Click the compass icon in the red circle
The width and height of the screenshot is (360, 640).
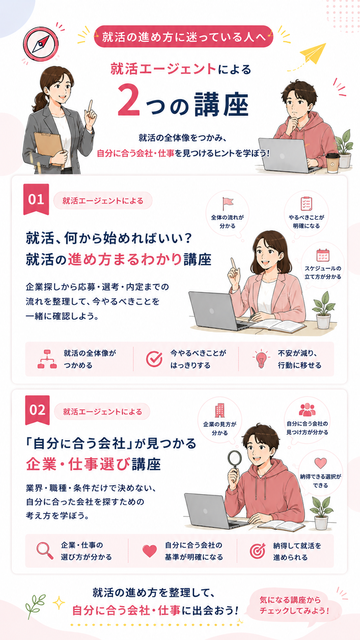click(x=41, y=44)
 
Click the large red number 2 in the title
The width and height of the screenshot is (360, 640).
click(x=129, y=100)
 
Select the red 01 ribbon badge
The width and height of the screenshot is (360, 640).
click(x=36, y=199)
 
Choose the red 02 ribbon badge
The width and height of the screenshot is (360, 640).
click(x=37, y=410)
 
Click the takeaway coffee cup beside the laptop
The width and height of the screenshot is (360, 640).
click(x=333, y=163)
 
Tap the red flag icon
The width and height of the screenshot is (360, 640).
click(x=228, y=203)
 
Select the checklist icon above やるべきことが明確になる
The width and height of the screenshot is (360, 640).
click(x=306, y=203)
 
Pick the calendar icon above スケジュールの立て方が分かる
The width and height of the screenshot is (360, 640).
click(x=323, y=255)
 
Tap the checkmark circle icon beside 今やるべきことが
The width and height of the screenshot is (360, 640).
click(x=154, y=359)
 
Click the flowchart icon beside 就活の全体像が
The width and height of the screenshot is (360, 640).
click(x=47, y=359)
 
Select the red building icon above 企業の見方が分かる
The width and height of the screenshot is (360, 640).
click(x=220, y=410)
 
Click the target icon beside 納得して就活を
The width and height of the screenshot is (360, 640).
click(x=257, y=550)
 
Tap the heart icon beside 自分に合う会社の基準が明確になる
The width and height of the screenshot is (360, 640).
click(x=150, y=551)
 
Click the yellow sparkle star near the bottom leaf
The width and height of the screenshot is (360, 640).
click(x=59, y=602)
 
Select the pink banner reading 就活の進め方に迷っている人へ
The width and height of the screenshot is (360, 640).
click(x=183, y=37)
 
